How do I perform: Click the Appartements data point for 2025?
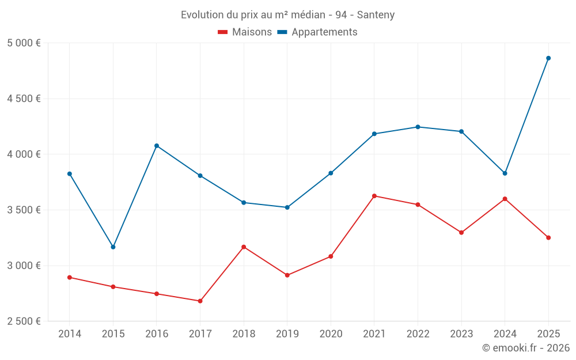548,58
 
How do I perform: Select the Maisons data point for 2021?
374,196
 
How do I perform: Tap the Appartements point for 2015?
113,247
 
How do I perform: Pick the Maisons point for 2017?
200,301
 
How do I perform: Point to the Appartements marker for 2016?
157,146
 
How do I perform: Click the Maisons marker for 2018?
244,247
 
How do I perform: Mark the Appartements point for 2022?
418,127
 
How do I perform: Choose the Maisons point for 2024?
505,199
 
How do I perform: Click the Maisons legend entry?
245,32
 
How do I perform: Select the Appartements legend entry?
317,32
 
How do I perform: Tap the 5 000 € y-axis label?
24,43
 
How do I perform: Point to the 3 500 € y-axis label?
24,210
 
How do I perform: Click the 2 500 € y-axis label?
24,321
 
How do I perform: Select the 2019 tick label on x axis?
287,334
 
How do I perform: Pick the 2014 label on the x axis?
69,334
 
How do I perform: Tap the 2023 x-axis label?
461,334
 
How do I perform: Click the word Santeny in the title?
376,15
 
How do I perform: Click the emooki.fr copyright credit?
525,348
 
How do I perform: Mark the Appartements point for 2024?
505,173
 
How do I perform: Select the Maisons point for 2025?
548,238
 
